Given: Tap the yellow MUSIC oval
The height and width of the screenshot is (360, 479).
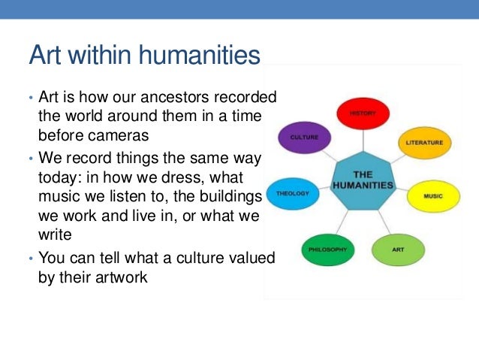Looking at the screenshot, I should [432, 196].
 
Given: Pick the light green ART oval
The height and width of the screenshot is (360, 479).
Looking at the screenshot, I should [397, 248].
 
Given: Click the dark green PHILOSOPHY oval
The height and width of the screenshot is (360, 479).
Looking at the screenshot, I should [327, 248].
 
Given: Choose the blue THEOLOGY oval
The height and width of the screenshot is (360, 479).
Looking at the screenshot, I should [292, 192].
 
